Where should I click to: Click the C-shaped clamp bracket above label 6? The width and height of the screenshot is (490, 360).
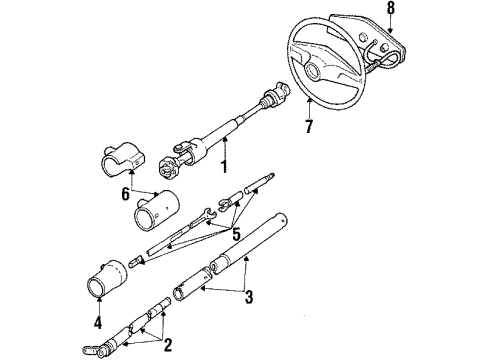(x=121, y=160)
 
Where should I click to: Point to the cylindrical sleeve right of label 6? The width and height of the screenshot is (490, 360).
(x=154, y=212)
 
